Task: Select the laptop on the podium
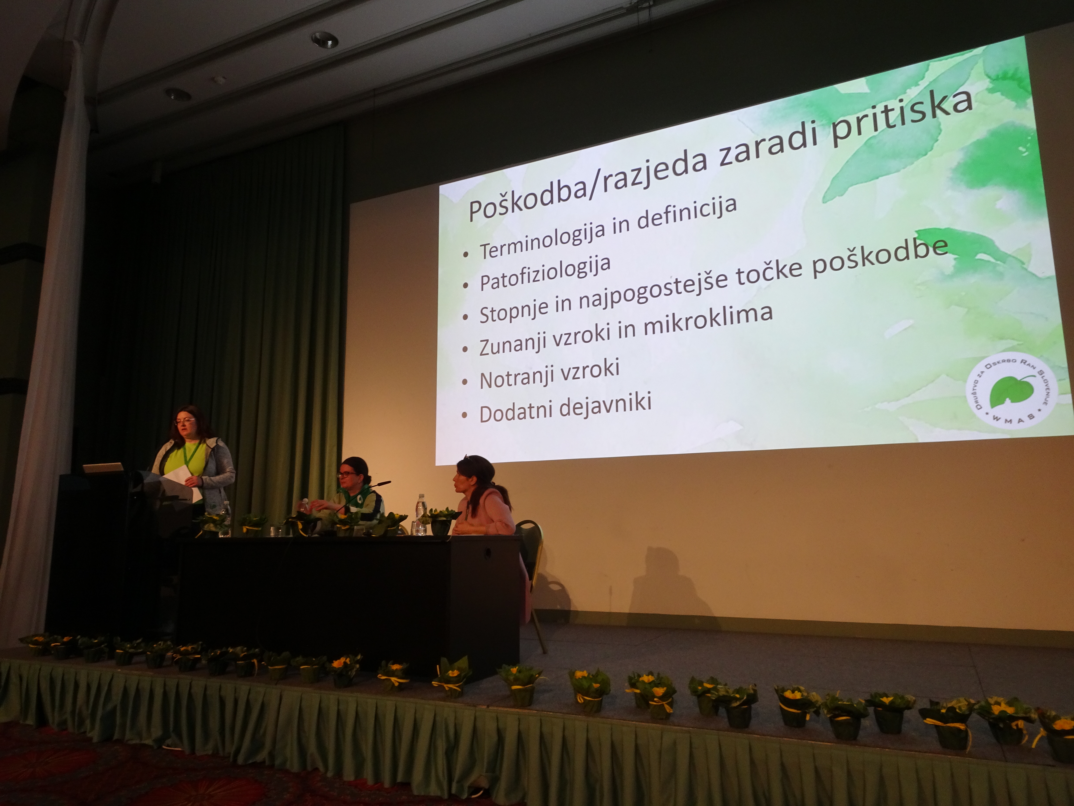103,468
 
